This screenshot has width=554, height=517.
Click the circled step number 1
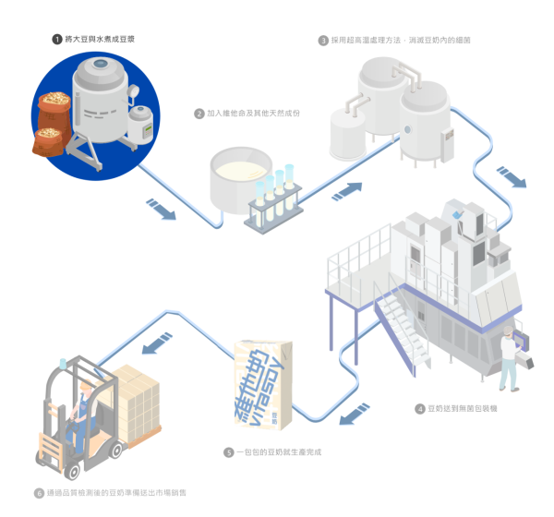(x=56, y=39)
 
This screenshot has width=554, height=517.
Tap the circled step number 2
(x=199, y=114)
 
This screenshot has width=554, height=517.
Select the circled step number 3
(x=322, y=41)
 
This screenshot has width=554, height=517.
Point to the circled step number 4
(x=420, y=407)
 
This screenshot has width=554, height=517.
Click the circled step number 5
(x=228, y=452)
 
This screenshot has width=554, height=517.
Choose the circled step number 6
(x=39, y=493)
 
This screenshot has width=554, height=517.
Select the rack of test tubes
(x=273, y=197)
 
